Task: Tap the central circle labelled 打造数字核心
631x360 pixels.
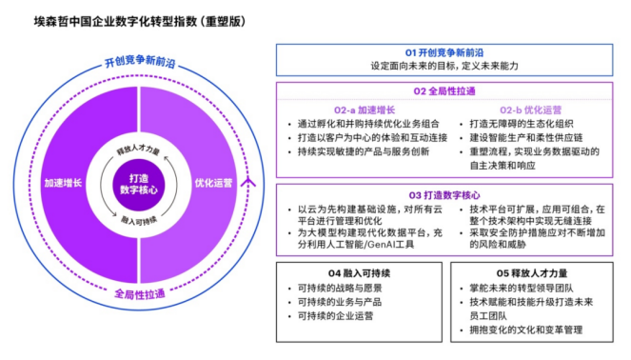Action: [x=141, y=180]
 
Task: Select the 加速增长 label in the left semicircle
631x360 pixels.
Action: [x=62, y=180]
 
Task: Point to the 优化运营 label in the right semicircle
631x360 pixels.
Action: [x=214, y=180]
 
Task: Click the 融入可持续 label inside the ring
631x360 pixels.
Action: [x=140, y=218]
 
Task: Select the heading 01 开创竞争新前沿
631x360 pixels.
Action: [x=444, y=51]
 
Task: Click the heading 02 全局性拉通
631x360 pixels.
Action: [x=444, y=92]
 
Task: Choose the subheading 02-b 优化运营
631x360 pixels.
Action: [x=524, y=110]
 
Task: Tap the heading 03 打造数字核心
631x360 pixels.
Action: [x=444, y=194]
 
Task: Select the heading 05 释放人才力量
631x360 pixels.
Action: [x=525, y=270]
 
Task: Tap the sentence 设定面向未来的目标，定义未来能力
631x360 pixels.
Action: [x=444, y=66]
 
